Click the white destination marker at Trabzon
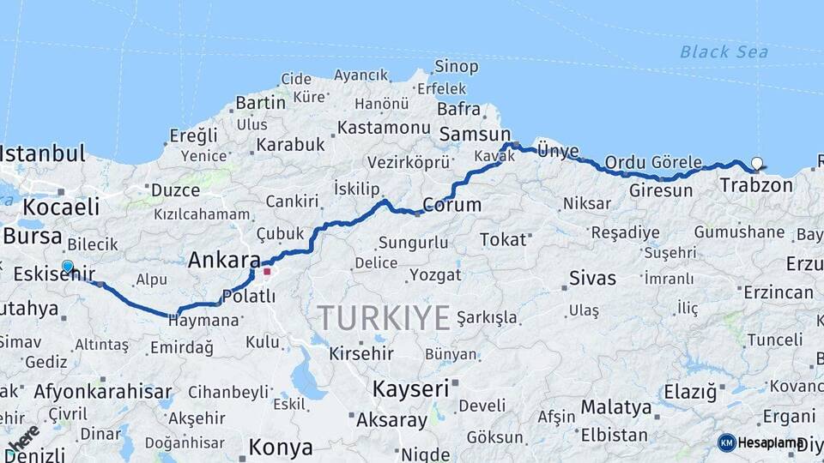coord(756,163)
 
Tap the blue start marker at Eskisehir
coord(67,266)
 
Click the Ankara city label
coord(224,260)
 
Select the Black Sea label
coord(724,51)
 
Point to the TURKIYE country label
coord(385,318)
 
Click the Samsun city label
coord(475,134)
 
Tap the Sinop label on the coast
coord(456,67)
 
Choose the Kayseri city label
coord(410,388)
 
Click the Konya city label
coord(281,447)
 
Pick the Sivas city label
coord(592,278)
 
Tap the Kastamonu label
coord(384,128)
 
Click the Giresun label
coord(660,190)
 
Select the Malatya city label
coord(615,406)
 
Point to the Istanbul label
coord(43,154)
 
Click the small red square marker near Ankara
coord(267,272)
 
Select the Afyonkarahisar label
coord(103,392)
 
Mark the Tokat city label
coord(503,239)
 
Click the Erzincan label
coord(778,292)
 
